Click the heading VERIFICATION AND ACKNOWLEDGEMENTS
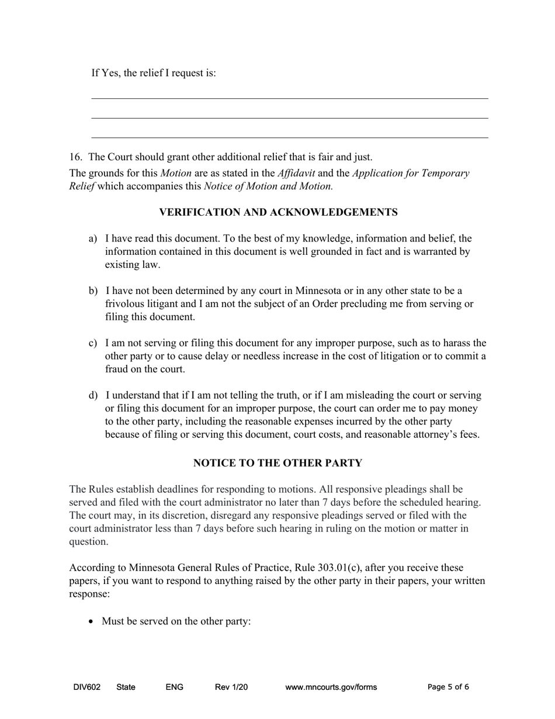pos(278,212)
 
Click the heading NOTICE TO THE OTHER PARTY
pos(277,463)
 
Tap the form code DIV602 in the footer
pos(87,687)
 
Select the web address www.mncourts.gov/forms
pos(331,687)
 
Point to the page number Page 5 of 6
pos(448,687)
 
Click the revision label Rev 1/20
pos(231,687)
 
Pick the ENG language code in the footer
pos(174,687)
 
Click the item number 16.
pos(75,157)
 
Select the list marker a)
pos(93,238)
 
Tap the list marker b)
pos(93,291)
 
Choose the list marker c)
pos(93,343)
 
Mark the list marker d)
pos(93,395)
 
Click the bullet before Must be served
pos(91,621)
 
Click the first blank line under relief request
pos(290,98)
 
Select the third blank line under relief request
pos(290,137)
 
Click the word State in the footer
pos(126,687)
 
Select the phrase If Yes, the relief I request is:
pos(154,73)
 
